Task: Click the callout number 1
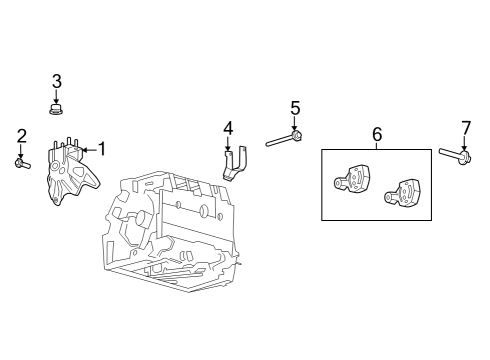tap(100, 149)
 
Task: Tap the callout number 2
tap(21, 136)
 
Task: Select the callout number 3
tap(57, 81)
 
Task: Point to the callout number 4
tap(229, 128)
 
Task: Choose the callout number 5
tap(295, 107)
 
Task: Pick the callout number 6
tap(377, 133)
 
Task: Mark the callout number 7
tap(465, 127)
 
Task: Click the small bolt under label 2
tap(22, 160)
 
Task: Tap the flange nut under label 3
tap(57, 104)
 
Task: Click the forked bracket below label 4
tap(236, 164)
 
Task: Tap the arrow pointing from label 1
tap(87, 149)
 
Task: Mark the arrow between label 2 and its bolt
tap(21, 149)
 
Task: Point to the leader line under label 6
tap(377, 145)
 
